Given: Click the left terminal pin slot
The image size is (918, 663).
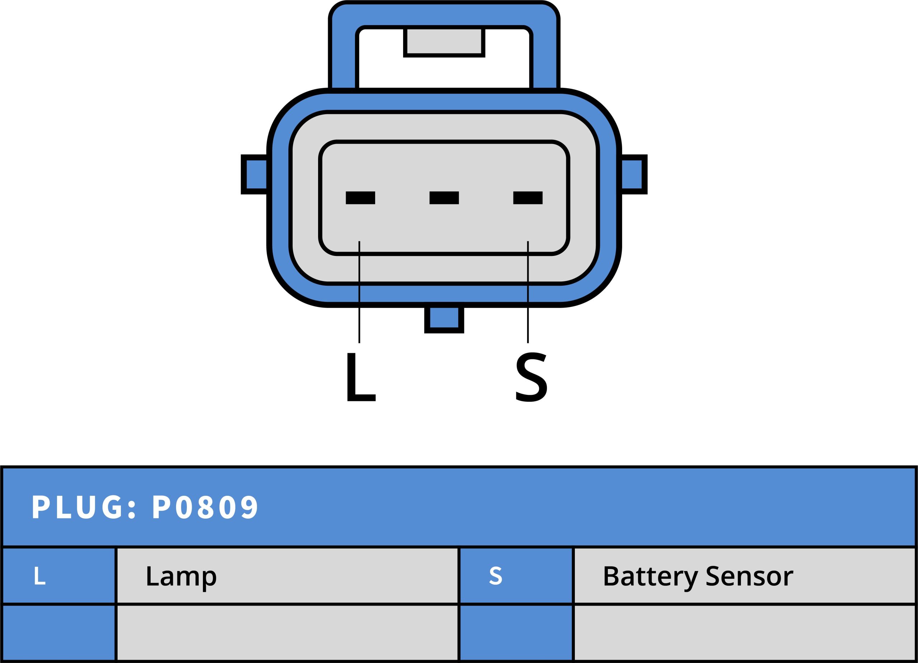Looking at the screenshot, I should pos(360,198).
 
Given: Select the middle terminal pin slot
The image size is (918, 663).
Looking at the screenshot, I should pos(444,198).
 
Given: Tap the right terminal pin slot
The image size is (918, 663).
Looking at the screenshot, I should pos(528,198).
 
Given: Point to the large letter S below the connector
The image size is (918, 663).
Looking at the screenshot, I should pos(531,377).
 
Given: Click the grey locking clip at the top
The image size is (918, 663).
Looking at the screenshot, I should pos(444,41).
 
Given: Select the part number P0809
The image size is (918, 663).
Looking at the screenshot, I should pos(205,507).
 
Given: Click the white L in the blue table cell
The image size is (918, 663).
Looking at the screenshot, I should pos(40,576).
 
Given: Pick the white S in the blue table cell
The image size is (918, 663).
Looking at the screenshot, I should pos(496,576).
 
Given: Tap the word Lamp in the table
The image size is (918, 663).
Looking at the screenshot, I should pos(181,576).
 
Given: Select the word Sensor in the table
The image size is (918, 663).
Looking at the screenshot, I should pos(749,576).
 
